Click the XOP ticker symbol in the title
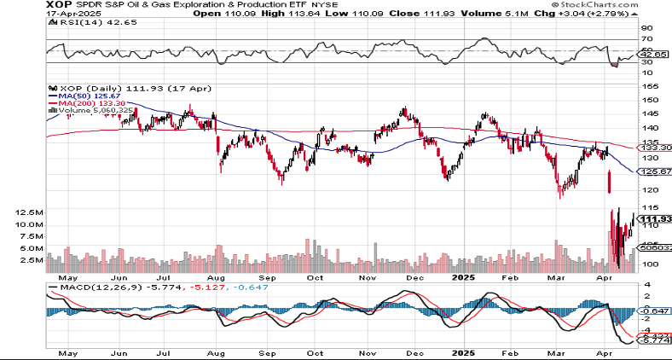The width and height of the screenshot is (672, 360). (x=18, y=5)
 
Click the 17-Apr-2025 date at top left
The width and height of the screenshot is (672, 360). (x=25, y=15)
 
